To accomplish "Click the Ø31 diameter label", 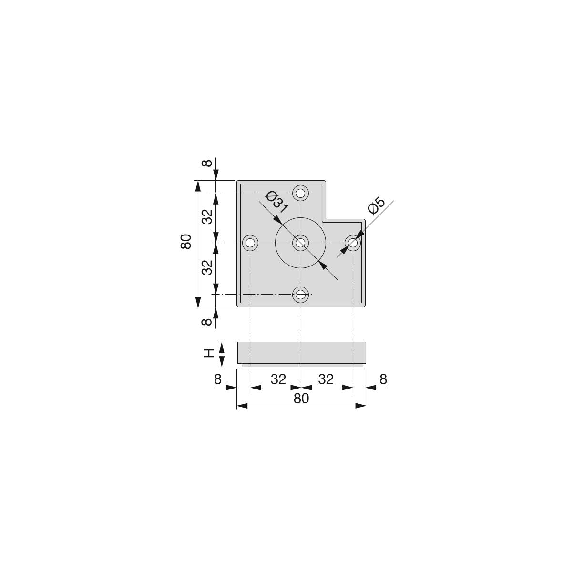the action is [276, 202].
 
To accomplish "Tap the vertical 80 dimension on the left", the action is [186, 242].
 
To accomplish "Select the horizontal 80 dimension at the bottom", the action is [301, 398].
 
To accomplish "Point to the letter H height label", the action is [209, 353].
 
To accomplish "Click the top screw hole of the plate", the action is [300, 193].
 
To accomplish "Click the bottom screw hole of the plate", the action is [300, 295].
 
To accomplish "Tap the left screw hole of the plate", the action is [250, 243].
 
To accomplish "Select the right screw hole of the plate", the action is [353, 243].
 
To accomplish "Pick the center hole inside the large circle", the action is [300, 243].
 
